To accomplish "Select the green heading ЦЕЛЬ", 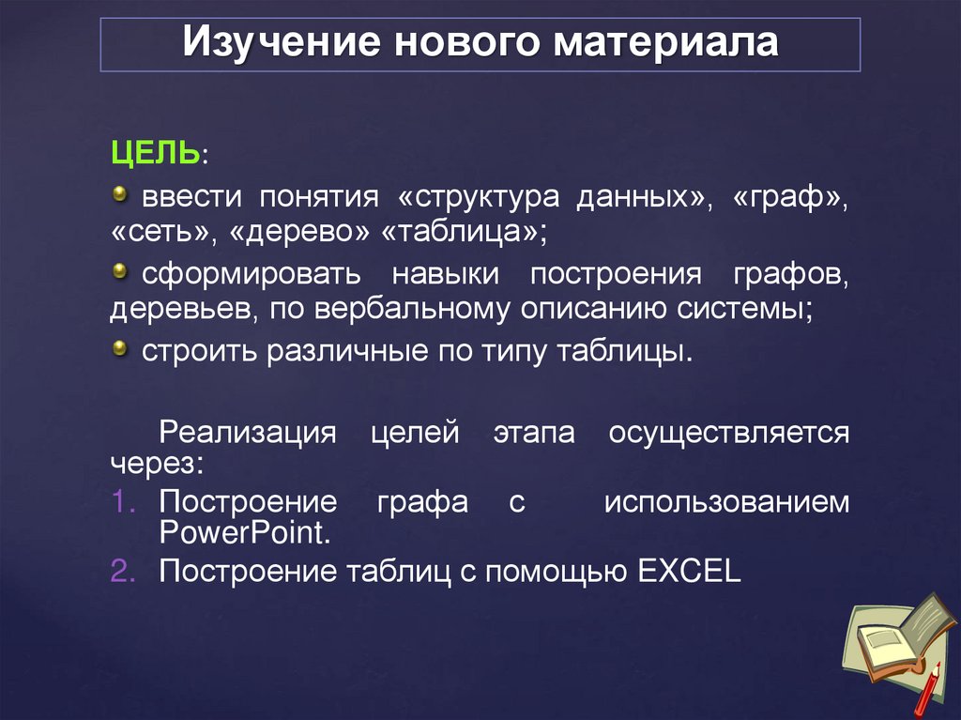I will [x=155, y=153].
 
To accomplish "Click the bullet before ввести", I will [x=119, y=194].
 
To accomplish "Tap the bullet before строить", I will [x=119, y=349].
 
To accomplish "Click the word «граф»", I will [x=794, y=199].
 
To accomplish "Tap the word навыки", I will [x=445, y=276].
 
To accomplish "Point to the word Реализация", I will [x=248, y=434].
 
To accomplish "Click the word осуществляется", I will [x=728, y=434].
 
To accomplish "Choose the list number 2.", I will [x=124, y=570].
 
